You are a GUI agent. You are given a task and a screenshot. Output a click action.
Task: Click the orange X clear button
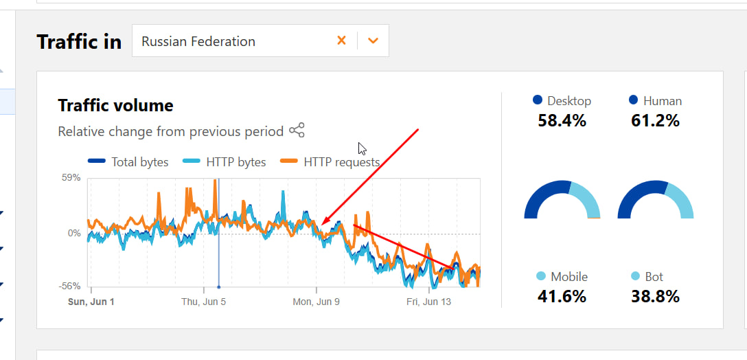coord(341,41)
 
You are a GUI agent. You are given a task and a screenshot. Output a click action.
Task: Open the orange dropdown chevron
coord(373,41)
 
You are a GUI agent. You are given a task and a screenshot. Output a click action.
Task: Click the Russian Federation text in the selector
coord(198,41)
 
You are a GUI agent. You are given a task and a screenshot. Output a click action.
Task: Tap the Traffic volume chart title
coord(115,105)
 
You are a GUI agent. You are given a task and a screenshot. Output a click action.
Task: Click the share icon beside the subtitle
coord(297,131)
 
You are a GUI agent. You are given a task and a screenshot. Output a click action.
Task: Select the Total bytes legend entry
coord(129,162)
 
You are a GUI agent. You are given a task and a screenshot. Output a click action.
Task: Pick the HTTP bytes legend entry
coord(225,162)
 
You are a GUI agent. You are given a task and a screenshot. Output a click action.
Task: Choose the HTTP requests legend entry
coord(330,162)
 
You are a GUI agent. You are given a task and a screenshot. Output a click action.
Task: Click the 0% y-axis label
coord(74,234)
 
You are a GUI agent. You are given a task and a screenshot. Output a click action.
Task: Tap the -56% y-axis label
coord(71,286)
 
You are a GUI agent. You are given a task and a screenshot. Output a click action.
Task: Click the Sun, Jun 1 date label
coord(91,302)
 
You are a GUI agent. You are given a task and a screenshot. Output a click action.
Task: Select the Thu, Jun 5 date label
coord(204,302)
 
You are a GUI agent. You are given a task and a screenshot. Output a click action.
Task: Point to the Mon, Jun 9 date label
coord(316,302)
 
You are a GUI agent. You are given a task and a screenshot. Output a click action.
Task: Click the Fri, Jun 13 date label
coord(428,302)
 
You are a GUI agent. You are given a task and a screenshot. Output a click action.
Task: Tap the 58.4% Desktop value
coord(562,121)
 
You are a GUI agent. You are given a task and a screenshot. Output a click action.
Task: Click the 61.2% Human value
coord(655,121)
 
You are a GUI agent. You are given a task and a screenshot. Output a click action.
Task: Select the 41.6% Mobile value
coord(562,297)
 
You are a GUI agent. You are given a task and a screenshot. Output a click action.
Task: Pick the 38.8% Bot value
coord(655,297)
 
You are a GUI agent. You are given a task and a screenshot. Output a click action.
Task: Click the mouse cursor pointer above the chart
coord(361,148)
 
